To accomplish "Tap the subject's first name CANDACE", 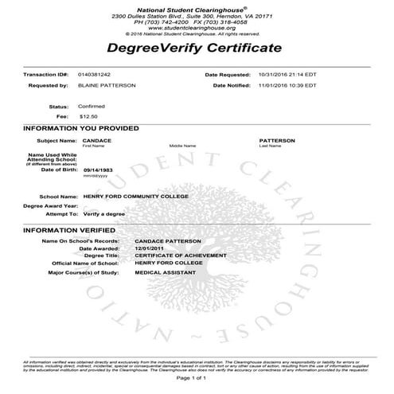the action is [97, 140].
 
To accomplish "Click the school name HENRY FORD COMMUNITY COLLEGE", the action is [135, 196].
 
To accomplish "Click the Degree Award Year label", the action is [49, 205].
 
